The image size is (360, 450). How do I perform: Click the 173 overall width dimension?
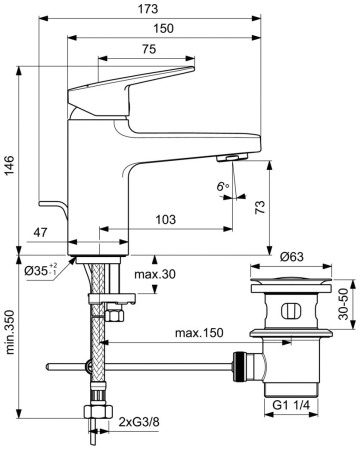[x=148, y=9]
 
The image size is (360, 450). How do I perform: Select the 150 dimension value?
[x=163, y=29]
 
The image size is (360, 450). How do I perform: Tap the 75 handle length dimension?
[x=149, y=49]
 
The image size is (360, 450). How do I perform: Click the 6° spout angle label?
[x=223, y=186]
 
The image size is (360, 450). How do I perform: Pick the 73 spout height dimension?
[x=260, y=207]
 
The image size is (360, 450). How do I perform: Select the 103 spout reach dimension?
[x=166, y=220]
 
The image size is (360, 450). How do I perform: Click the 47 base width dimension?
[x=40, y=232]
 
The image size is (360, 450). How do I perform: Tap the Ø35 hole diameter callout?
[x=41, y=270]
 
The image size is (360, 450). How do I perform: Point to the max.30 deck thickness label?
[x=155, y=274]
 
